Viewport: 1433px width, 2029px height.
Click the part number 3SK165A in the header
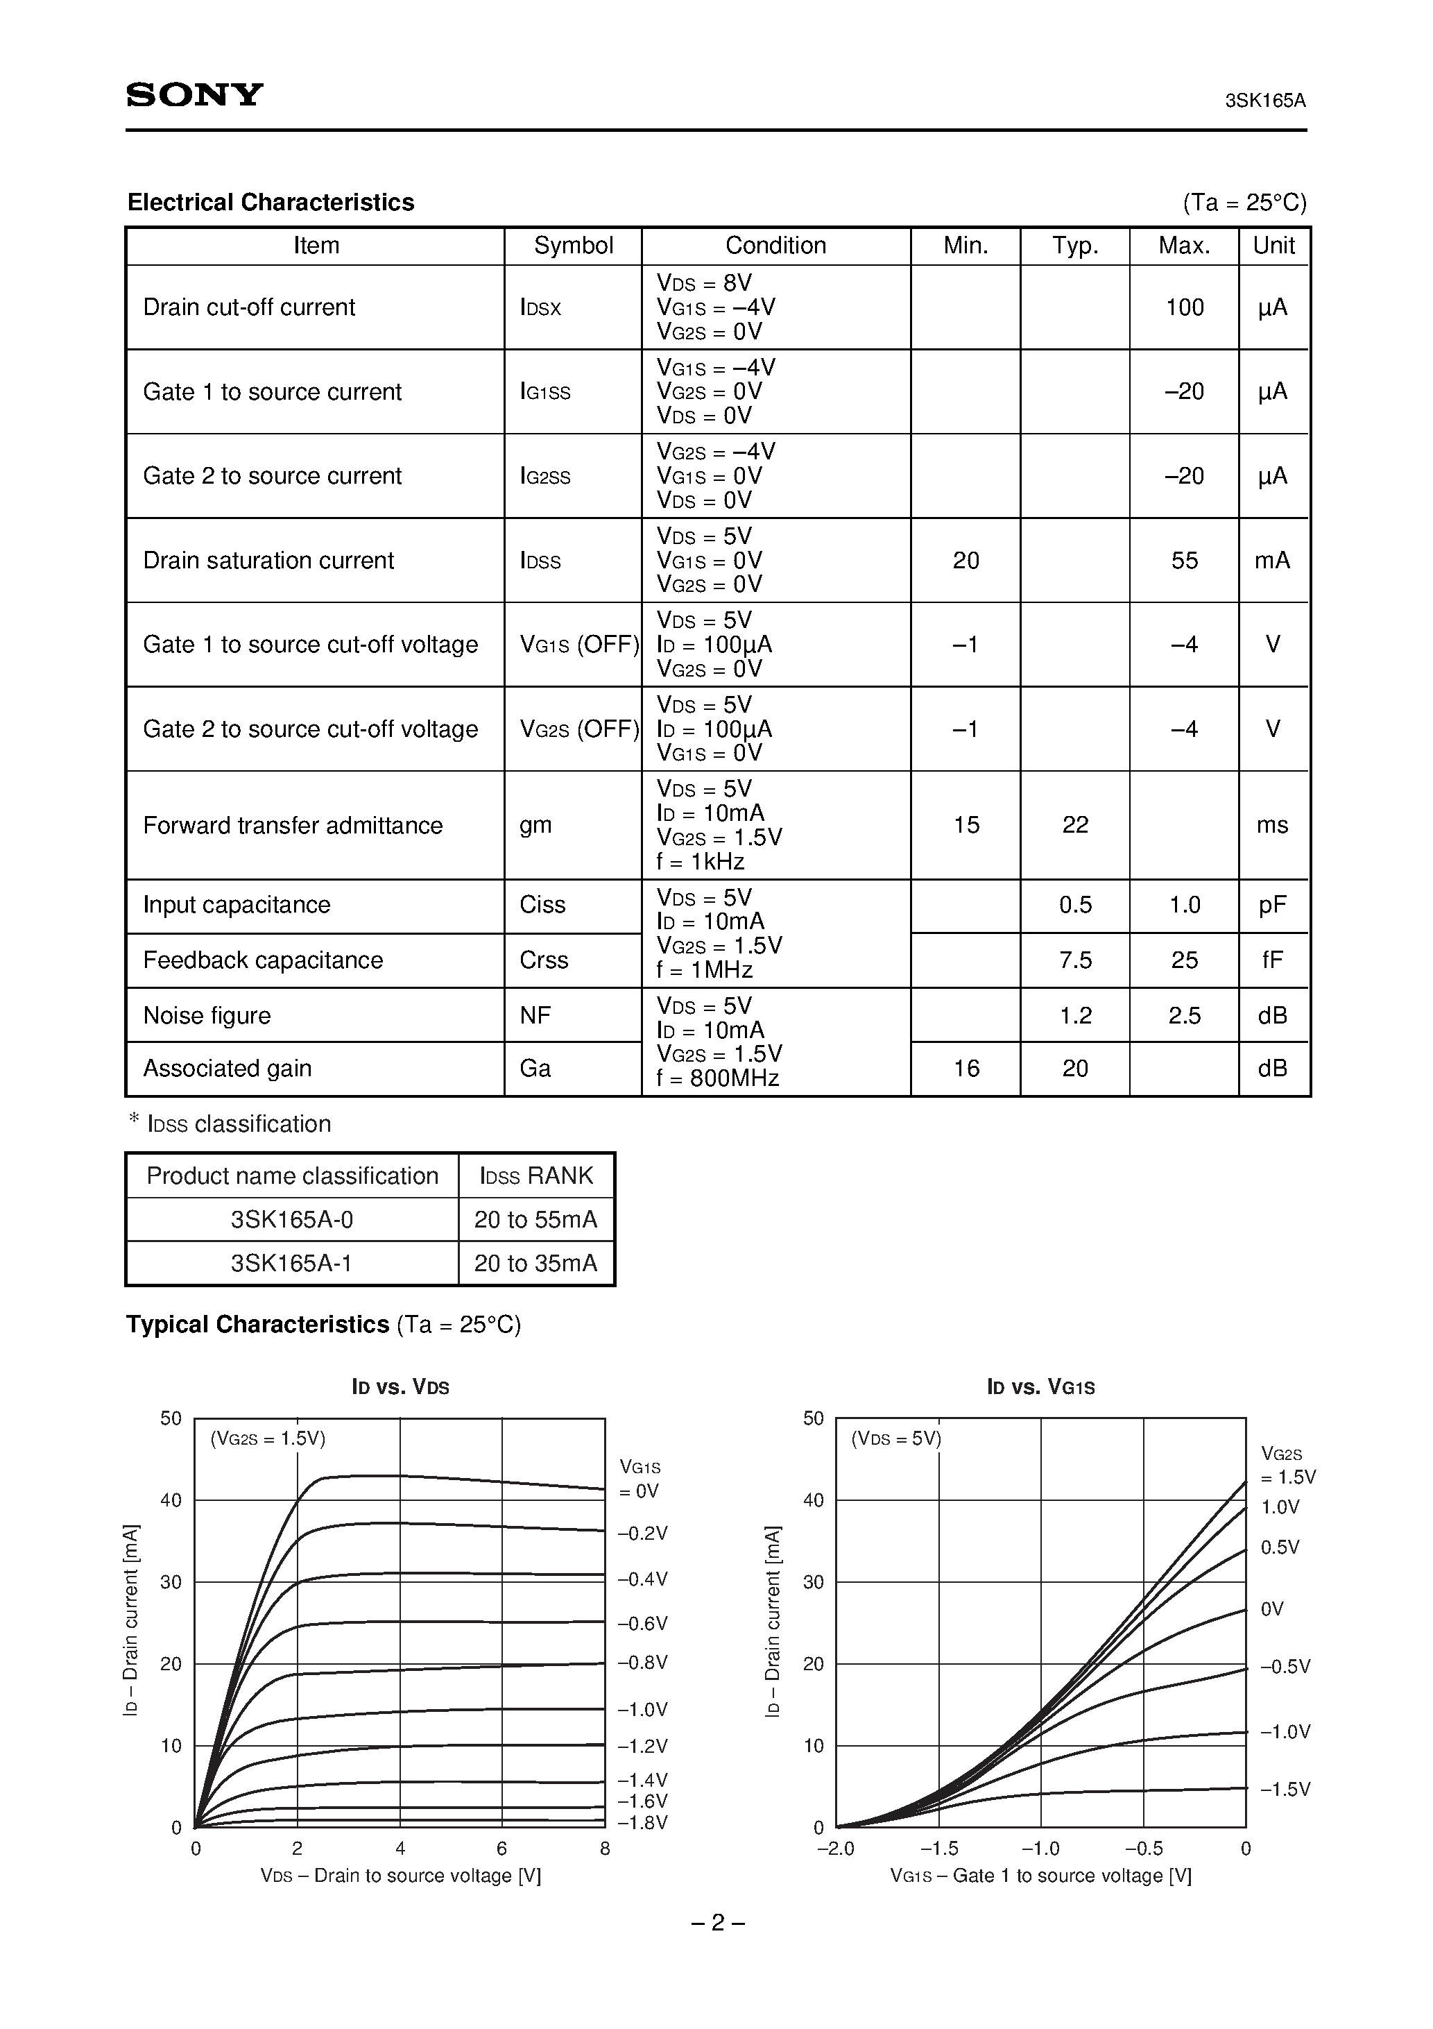pos(1264,101)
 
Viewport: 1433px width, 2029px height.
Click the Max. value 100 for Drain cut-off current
pos(1184,307)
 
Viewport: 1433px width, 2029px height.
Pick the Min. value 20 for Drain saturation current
pos(965,560)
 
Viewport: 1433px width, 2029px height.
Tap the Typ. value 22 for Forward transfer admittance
pos(1074,824)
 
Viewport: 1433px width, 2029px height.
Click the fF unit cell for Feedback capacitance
pos(1272,960)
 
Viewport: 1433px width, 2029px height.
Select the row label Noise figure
pos(207,1015)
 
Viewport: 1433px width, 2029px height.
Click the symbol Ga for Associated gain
pos(535,1069)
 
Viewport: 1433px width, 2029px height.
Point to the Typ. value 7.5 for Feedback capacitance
pos(1074,960)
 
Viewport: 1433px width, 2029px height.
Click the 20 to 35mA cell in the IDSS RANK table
pos(535,1263)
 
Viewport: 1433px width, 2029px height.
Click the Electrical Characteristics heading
pos(271,203)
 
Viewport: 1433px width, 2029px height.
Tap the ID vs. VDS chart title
pos(400,1387)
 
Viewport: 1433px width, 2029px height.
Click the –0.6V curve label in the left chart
pos(642,1623)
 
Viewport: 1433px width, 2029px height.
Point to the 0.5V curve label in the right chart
pos(1279,1547)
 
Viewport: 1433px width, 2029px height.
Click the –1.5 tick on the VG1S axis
pos(939,1849)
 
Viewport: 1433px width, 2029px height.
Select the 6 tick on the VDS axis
pos(501,1849)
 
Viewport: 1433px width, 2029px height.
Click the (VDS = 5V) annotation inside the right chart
pos(896,1438)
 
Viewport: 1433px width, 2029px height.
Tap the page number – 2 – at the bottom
pos(716,1923)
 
